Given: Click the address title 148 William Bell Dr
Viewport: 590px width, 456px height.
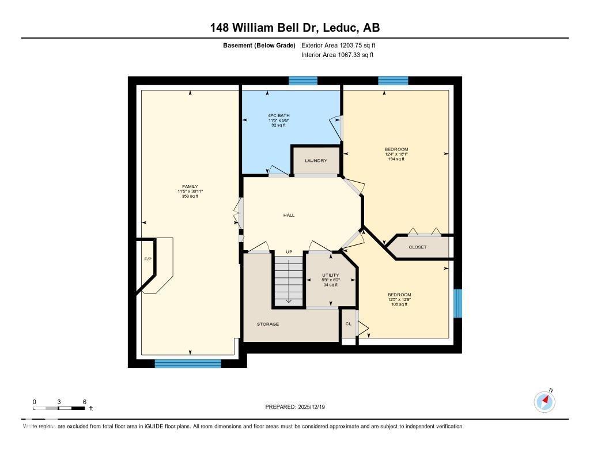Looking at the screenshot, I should tap(294, 28).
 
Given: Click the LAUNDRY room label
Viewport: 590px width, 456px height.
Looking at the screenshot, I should tap(316, 161).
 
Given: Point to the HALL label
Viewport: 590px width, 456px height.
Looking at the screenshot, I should tap(289, 215).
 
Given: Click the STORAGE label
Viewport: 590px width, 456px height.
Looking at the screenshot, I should tap(268, 324).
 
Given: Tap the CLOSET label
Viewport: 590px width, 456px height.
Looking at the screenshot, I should tap(418, 247).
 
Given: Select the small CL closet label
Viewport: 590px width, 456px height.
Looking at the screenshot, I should tap(348, 324).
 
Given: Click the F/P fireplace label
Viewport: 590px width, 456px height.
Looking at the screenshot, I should tap(147, 259).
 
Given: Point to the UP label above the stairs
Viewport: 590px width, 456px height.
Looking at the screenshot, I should tap(289, 252).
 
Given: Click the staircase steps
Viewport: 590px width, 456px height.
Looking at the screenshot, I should tap(288, 281).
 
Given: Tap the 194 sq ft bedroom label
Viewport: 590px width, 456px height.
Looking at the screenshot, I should tap(396, 154).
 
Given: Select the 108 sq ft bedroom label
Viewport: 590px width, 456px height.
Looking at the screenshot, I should tap(399, 300).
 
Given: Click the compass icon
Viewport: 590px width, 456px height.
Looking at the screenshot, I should tap(544, 401).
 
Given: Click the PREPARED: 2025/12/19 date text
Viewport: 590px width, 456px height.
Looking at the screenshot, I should tap(298, 407).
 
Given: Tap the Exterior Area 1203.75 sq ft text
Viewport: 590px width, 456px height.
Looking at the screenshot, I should tap(338, 45).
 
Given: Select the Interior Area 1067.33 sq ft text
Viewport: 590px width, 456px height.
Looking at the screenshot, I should tap(337, 55).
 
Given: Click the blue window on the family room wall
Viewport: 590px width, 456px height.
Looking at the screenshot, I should tap(188, 363).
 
